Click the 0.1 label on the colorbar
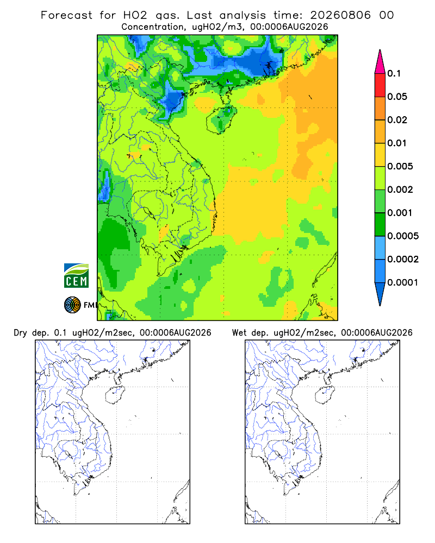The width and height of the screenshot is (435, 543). [x=394, y=73]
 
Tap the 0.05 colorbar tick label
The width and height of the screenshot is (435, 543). [x=397, y=97]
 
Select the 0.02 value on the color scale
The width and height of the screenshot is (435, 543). [x=397, y=120]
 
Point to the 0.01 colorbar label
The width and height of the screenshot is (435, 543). [x=397, y=143]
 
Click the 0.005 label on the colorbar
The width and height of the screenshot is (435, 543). [x=400, y=166]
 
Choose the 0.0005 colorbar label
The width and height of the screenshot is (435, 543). [x=403, y=236]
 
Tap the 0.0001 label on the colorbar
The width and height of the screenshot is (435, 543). [x=403, y=282]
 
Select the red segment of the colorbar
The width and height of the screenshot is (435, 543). [x=380, y=85]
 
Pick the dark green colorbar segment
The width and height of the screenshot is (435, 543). [x=380, y=224]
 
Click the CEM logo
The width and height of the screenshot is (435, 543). [x=76, y=276]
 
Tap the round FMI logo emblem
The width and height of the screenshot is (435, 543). [x=72, y=305]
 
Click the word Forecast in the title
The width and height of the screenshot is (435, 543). [x=66, y=15]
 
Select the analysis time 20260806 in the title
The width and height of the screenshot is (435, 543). [x=340, y=15]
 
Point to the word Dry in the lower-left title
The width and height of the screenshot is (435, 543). [x=21, y=333]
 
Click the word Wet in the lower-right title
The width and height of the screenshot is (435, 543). [x=239, y=333]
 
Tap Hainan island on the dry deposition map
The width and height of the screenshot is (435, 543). [x=115, y=395]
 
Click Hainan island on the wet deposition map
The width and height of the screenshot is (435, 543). [x=325, y=395]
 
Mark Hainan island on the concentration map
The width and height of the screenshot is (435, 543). [x=221, y=120]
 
